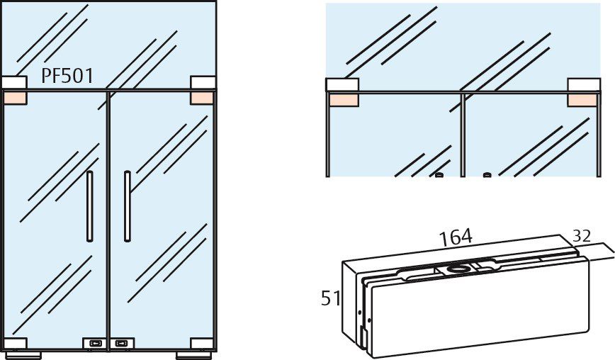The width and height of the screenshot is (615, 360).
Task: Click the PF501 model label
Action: [x=67, y=77]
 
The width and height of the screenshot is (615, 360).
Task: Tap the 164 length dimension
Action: [x=456, y=237]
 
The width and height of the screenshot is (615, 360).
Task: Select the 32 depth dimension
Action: [x=582, y=237]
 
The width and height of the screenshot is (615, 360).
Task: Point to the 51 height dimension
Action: [x=329, y=298]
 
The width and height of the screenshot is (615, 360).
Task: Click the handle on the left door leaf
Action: [x=89, y=206]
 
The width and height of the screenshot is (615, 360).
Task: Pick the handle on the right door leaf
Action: [x=126, y=206]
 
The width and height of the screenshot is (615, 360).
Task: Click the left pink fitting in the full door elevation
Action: [x=14, y=98]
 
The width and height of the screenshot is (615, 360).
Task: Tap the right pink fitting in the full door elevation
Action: [x=202, y=98]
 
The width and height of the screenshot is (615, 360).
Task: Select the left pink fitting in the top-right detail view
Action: [x=343, y=100]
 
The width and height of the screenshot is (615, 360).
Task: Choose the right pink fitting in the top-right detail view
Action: [x=582, y=100]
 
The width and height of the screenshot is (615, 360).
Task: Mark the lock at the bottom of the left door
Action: [x=94, y=343]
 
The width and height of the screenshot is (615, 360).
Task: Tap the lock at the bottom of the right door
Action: [x=122, y=343]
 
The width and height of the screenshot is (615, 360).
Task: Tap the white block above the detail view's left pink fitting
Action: [x=342, y=85]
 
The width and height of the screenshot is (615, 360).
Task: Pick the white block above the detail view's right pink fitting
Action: [x=582, y=85]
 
